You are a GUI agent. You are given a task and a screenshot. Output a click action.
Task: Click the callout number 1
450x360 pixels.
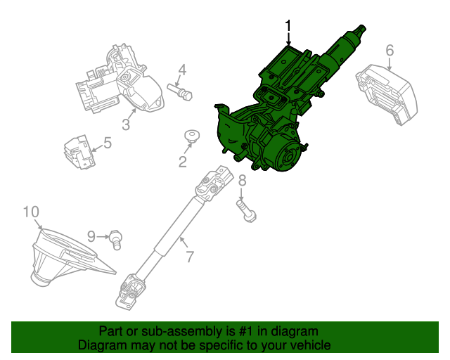(x=288, y=27)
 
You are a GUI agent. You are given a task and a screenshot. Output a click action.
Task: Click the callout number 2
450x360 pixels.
(x=183, y=162)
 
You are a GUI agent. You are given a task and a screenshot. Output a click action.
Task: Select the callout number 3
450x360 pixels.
(x=126, y=125)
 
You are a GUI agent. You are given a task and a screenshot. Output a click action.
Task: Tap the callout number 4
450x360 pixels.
(x=181, y=70)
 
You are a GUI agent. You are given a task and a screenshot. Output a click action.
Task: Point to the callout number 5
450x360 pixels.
(x=107, y=143)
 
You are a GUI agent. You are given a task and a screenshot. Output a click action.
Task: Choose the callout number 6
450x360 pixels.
(x=390, y=50)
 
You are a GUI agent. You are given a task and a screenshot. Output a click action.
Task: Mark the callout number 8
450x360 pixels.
(x=242, y=181)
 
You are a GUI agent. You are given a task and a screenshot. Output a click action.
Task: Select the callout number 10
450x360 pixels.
(x=31, y=212)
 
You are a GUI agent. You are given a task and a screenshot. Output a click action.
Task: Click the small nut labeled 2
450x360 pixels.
(x=190, y=135)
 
